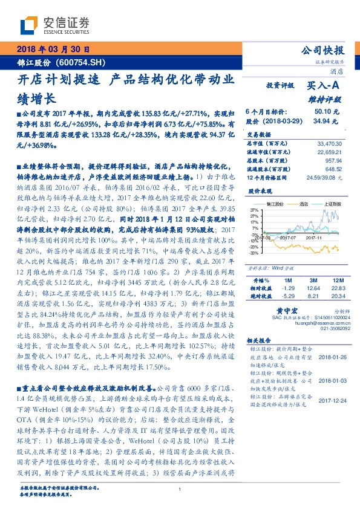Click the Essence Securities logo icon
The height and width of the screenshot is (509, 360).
pyautogui.click(x=29, y=25)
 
